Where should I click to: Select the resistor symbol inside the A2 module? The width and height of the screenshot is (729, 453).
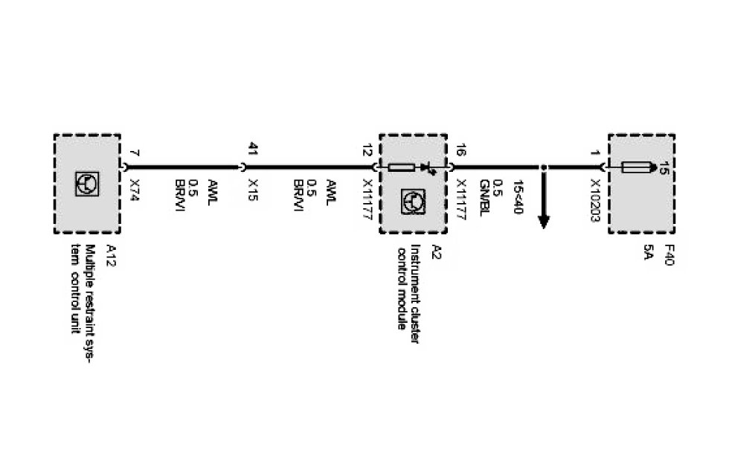tap(402, 168)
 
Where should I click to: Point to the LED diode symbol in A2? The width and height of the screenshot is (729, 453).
tap(427, 168)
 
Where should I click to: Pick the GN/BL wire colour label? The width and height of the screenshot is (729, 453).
tap(484, 196)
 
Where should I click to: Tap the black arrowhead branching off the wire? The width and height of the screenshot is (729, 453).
tap(544, 220)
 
